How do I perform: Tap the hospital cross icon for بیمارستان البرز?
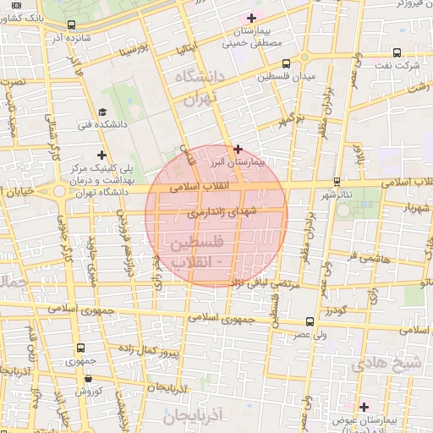tap(238, 148)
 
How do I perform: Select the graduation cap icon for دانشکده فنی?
tap(103, 112)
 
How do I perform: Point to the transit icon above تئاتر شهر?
tap(337, 181)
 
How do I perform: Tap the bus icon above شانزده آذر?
tap(70, 25)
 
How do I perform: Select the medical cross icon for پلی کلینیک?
tap(102, 155)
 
